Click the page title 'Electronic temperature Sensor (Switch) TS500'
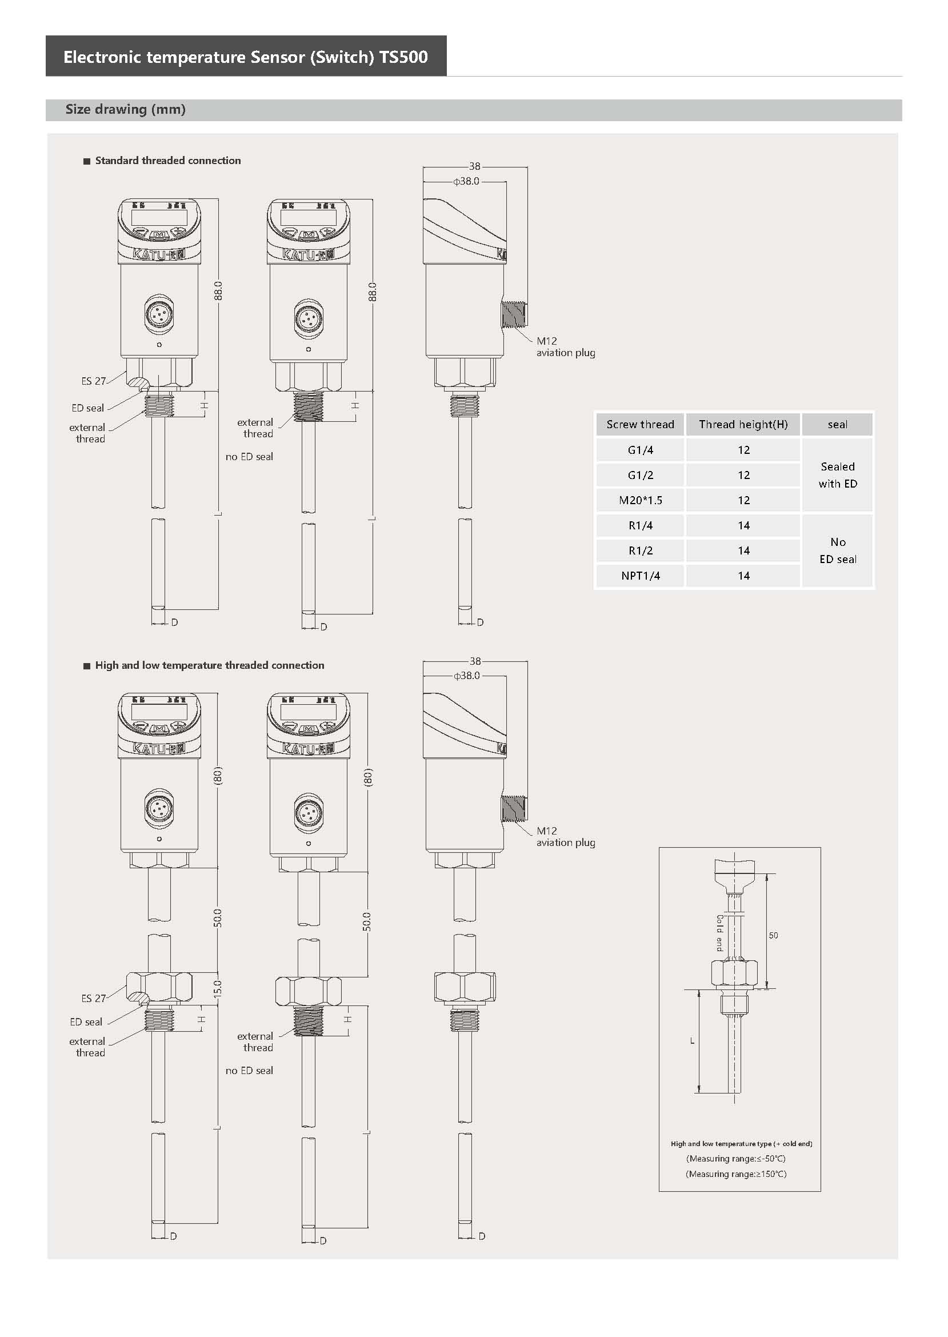pyautogui.click(x=245, y=57)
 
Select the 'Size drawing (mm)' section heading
pyautogui.click(x=126, y=109)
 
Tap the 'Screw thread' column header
pyautogui.click(x=640, y=425)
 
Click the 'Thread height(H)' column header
pyautogui.click(x=743, y=425)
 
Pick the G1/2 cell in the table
pyautogui.click(x=640, y=475)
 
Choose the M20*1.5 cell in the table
pyautogui.click(x=640, y=500)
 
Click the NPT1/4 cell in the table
pyautogui.click(x=640, y=576)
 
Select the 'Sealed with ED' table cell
pyautogui.click(x=837, y=474)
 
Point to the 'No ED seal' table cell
pyautogui.click(x=837, y=550)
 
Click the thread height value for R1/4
pyautogui.click(x=743, y=525)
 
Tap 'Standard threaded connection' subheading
pyautogui.click(x=167, y=161)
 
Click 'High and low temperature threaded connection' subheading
pyautogui.click(x=209, y=665)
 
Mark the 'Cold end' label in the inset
pyautogui.click(x=719, y=933)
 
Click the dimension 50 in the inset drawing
pyautogui.click(x=773, y=935)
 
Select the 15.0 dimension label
pyautogui.click(x=217, y=988)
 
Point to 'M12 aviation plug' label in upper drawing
pyautogui.click(x=565, y=346)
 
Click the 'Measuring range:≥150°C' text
pyautogui.click(x=735, y=1174)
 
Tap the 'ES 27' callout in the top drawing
pyautogui.click(x=93, y=381)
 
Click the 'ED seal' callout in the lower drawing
pyautogui.click(x=86, y=1021)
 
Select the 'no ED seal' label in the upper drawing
pyautogui.click(x=249, y=457)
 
